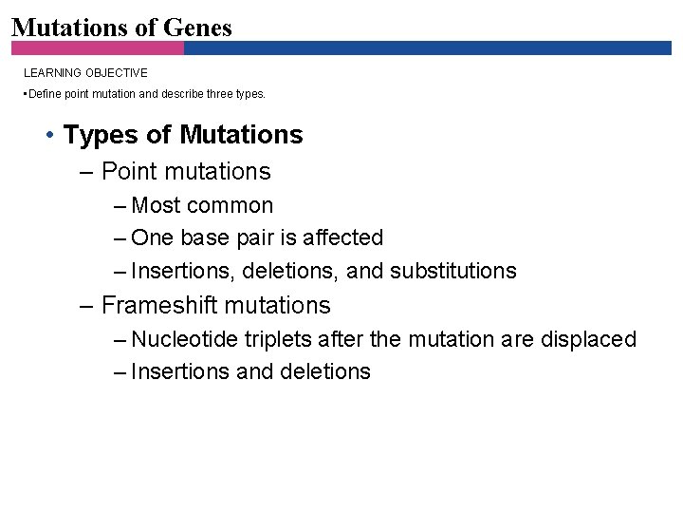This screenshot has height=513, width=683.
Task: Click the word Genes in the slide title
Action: point(197,28)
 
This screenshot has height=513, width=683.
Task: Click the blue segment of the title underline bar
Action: point(427,47)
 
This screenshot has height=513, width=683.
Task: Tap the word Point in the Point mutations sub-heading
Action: point(132,172)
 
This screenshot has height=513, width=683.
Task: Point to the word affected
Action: point(342,237)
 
